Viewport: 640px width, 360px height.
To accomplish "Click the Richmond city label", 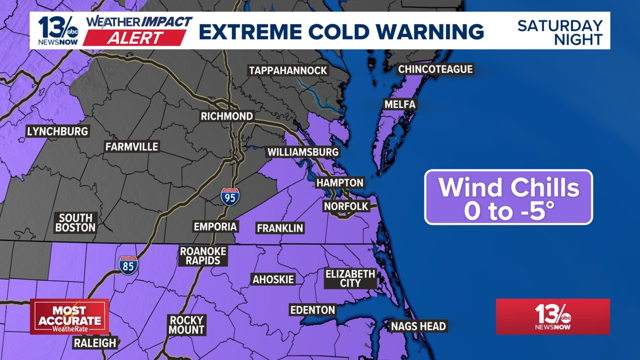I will pyautogui.click(x=227, y=116).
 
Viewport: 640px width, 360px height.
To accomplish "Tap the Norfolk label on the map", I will pyautogui.click(x=346, y=207).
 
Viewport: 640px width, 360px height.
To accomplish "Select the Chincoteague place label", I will pyautogui.click(x=436, y=70).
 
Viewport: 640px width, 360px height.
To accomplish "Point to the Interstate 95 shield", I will pyautogui.click(x=230, y=196).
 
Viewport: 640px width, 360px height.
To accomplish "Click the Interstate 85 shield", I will pyautogui.click(x=128, y=265).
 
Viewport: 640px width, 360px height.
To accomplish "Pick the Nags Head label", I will pyautogui.click(x=418, y=326).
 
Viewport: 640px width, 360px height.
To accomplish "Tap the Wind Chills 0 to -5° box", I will pyautogui.click(x=508, y=197).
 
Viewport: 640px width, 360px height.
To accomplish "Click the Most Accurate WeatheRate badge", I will pyautogui.click(x=70, y=317).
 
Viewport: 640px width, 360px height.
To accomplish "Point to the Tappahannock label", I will pyautogui.click(x=288, y=71).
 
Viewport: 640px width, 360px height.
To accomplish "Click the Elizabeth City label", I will pyautogui.click(x=350, y=279).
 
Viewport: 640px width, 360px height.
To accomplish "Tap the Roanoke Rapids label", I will pyautogui.click(x=203, y=256).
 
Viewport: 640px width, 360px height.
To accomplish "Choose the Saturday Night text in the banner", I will pyautogui.click(x=560, y=33).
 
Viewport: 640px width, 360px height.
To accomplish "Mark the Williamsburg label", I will pyautogui.click(x=303, y=152).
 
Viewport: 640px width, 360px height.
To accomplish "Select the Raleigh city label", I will pyautogui.click(x=94, y=343).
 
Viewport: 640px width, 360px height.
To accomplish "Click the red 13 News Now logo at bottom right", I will pyautogui.click(x=552, y=317).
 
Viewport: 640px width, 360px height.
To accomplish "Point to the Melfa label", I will pyautogui.click(x=400, y=104).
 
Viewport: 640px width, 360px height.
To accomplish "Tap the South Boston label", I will pyautogui.click(x=76, y=223).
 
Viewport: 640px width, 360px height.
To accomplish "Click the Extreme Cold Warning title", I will pyautogui.click(x=341, y=31).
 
